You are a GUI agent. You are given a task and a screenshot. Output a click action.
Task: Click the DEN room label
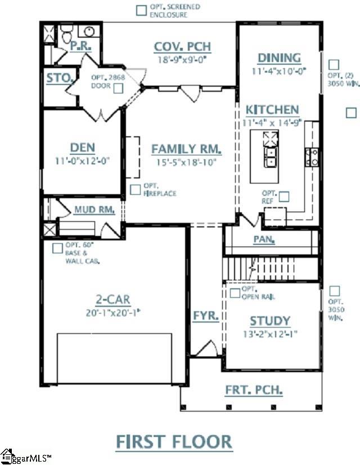pos(82,147)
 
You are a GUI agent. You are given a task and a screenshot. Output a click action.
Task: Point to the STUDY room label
pos(270,321)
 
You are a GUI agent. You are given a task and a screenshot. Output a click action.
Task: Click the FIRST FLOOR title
pos(174,441)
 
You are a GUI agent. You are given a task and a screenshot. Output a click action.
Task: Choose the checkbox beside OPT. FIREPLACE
pos(135,190)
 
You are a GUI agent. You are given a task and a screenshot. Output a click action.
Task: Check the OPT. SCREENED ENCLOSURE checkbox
pos(142,10)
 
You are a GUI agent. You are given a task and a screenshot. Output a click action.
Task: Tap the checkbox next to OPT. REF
pos(284,196)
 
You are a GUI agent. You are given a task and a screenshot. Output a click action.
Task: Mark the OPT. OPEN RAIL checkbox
pos(235,293)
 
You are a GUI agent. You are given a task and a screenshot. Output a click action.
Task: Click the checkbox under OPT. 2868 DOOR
pos(118,88)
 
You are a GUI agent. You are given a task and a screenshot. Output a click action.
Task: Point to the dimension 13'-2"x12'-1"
pos(270,334)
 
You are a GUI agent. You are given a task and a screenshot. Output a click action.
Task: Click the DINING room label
pos(279,58)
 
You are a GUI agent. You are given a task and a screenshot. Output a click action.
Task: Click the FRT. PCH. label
pos(254,390)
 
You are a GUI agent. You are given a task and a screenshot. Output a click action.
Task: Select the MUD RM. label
pos(94,210)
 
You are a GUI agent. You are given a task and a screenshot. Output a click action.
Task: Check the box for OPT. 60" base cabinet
pos(57,248)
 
